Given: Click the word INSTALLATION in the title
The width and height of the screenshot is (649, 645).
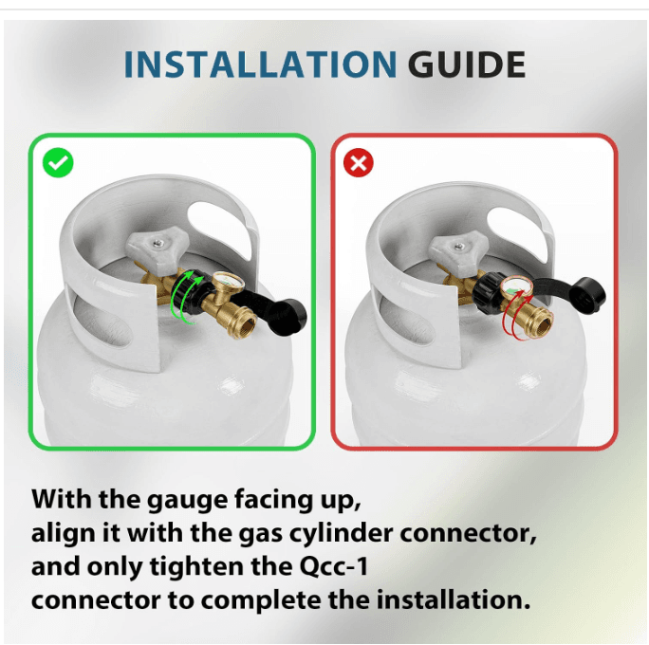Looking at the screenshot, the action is (260, 64).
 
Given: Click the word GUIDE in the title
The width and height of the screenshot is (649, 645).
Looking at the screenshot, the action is (467, 64).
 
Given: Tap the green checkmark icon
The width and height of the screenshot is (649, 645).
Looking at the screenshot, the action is (58, 162).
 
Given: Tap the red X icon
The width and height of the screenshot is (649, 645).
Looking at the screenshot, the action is (359, 162).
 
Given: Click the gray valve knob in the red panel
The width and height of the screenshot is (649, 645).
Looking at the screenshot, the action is (458, 249).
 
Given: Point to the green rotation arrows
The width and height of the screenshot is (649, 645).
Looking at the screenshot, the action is (187, 297).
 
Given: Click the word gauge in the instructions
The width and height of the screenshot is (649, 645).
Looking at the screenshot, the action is (188, 501).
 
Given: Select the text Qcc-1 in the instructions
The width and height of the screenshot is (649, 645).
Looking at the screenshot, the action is (333, 566).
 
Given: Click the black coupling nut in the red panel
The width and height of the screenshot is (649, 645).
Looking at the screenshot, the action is (489, 292).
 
